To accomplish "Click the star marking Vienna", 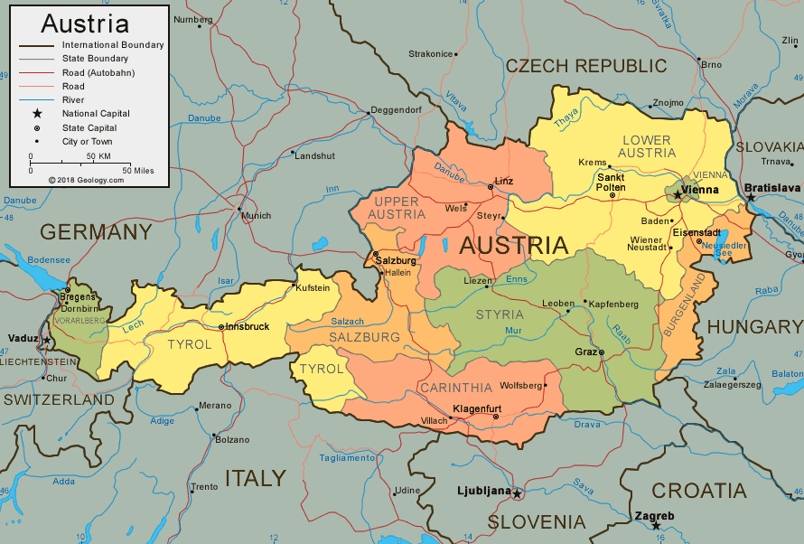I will [x=678, y=194].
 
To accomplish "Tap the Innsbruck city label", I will [x=248, y=326].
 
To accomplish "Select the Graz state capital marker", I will [x=602, y=352].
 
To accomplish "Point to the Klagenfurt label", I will [x=476, y=408].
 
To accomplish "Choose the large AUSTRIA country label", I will [x=513, y=245].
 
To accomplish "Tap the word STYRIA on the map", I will [x=500, y=314].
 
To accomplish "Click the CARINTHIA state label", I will [x=455, y=388].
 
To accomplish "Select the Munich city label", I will [x=256, y=215].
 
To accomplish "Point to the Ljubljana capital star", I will [x=517, y=493].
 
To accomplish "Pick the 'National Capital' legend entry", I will [x=96, y=114].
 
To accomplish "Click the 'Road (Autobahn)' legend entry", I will [x=98, y=72].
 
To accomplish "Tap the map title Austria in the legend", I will [x=85, y=23].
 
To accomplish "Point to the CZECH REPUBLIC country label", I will [x=585, y=66].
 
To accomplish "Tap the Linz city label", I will [x=504, y=181].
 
